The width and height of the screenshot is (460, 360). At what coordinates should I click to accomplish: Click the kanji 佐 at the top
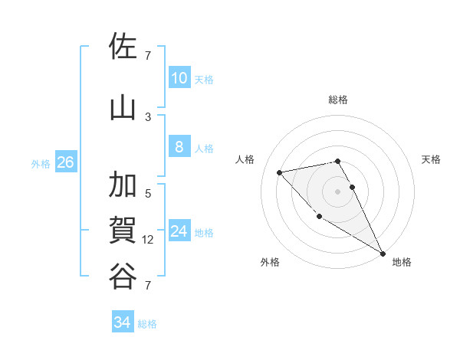[123, 47]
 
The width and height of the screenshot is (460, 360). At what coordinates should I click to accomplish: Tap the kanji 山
[123, 108]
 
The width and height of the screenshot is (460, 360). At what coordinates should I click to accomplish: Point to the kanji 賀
[123, 231]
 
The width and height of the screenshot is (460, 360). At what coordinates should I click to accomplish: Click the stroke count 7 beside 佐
[147, 55]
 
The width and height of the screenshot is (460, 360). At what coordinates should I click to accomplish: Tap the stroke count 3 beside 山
[147, 116]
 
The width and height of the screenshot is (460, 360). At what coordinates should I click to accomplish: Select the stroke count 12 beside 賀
[148, 240]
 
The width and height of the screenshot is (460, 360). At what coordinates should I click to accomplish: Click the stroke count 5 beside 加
[147, 193]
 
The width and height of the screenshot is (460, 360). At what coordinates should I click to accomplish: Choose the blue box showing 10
[179, 78]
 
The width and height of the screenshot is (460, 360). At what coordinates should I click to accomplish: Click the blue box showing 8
[179, 147]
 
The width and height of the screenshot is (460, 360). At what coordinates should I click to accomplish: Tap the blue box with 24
[179, 232]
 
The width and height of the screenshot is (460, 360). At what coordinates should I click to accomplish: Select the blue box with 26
[65, 162]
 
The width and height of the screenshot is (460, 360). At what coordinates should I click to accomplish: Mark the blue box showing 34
[122, 322]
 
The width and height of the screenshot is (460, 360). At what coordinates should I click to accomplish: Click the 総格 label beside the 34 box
[147, 324]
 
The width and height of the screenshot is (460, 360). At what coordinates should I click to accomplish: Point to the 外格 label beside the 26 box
[41, 163]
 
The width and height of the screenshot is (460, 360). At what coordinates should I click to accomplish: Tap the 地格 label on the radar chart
[402, 262]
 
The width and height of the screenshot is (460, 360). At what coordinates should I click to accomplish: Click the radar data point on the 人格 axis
[280, 172]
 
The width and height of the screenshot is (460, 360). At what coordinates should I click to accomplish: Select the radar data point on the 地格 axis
[383, 254]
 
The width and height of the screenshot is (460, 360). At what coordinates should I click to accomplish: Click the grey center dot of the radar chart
[337, 191]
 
